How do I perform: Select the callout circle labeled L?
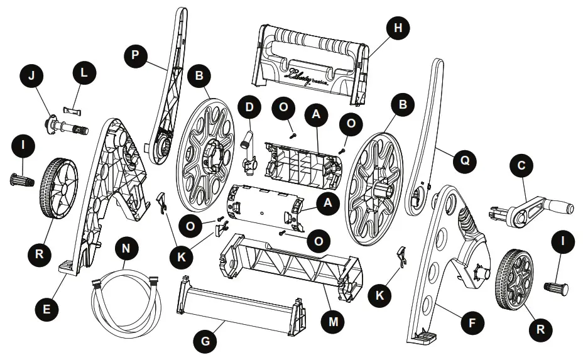(84, 72)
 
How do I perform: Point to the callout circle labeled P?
(133, 56)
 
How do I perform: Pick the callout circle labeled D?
(251, 107)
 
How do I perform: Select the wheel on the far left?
(58, 195)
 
